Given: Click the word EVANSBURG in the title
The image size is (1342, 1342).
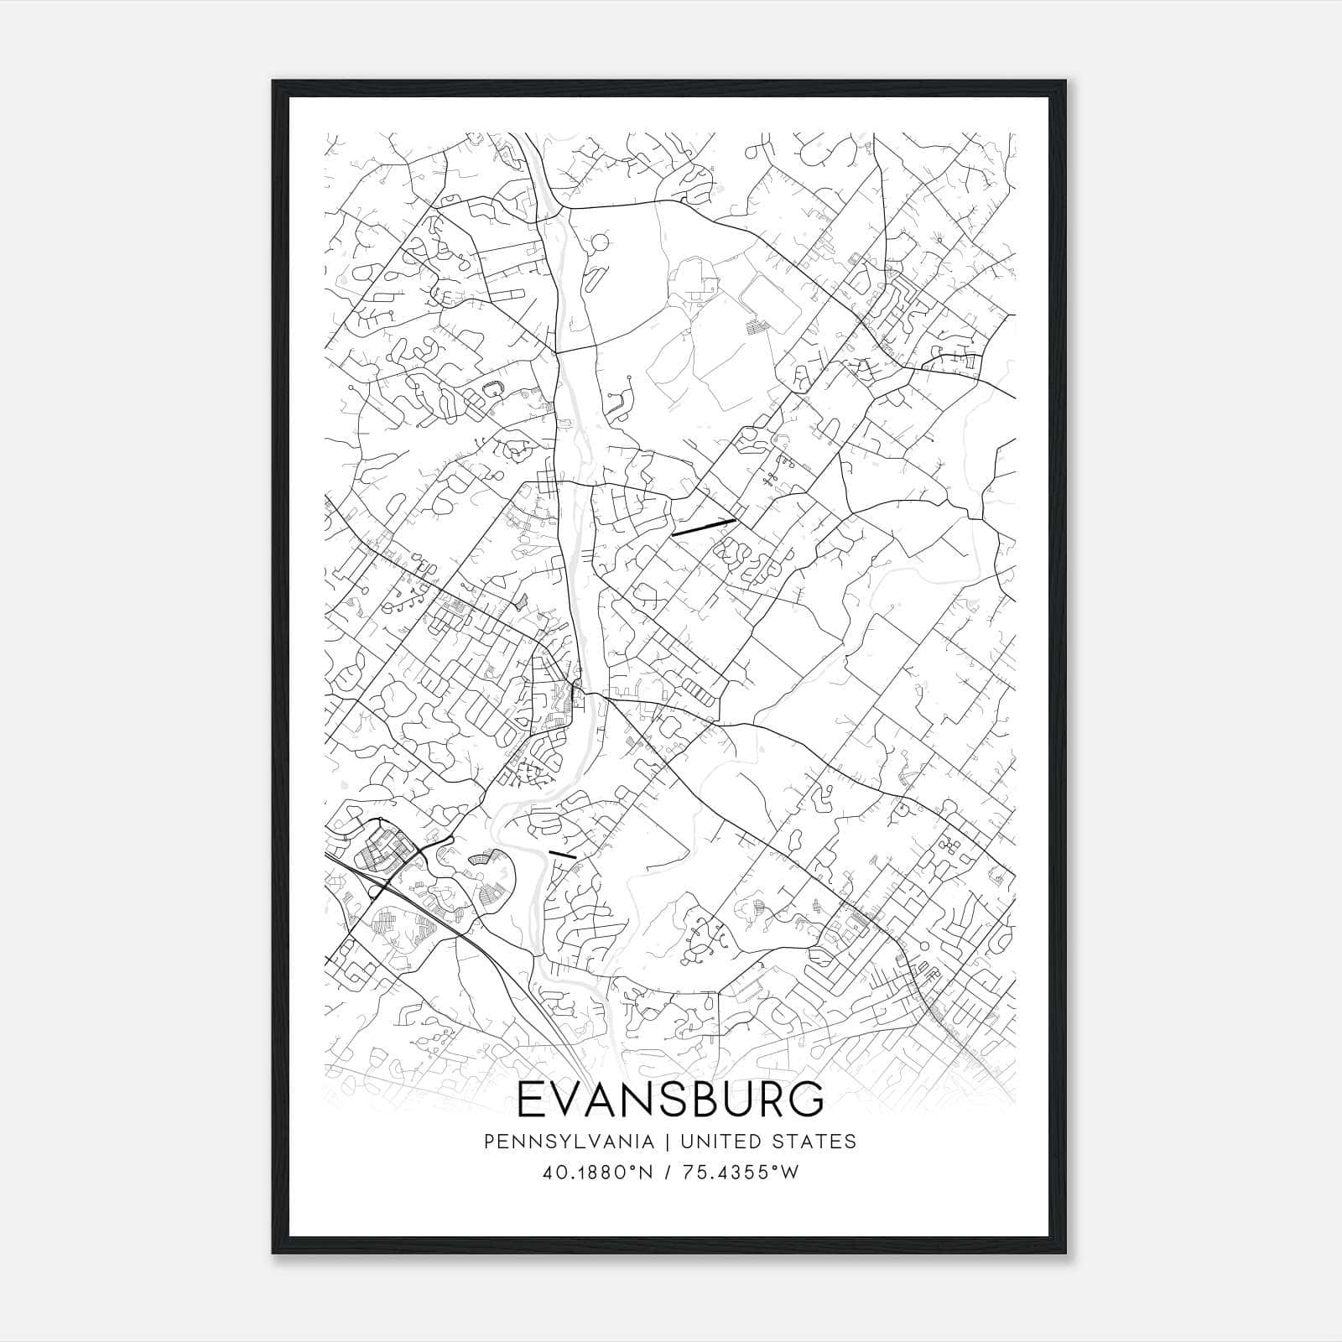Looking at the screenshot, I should pos(670,1100).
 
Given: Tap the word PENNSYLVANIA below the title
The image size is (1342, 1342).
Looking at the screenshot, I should pos(557,1142).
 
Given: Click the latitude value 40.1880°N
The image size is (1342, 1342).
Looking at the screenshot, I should pos(597,1173).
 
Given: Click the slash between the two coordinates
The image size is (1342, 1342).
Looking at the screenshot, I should pos(668,1173).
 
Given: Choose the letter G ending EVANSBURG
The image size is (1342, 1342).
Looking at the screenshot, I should pos(805,1100).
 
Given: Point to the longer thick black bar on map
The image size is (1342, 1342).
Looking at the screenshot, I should pos(703,526).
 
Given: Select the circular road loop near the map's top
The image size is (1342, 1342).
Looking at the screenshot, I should pos(600,244).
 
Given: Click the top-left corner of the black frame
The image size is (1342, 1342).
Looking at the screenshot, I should pos(273,82).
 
